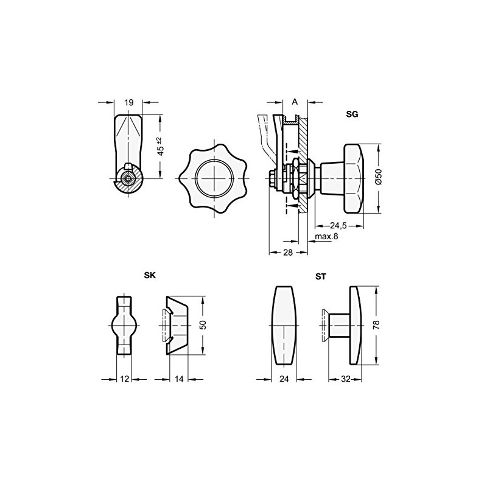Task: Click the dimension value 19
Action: (x=128, y=103)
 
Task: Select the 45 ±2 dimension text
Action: (x=161, y=147)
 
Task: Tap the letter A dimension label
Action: (x=295, y=102)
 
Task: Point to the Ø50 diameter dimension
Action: (x=377, y=177)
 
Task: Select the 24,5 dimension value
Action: (x=339, y=225)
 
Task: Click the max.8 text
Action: (x=326, y=236)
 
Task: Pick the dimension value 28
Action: (x=289, y=251)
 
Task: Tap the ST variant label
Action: (x=320, y=276)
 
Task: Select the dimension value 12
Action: (x=124, y=379)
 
